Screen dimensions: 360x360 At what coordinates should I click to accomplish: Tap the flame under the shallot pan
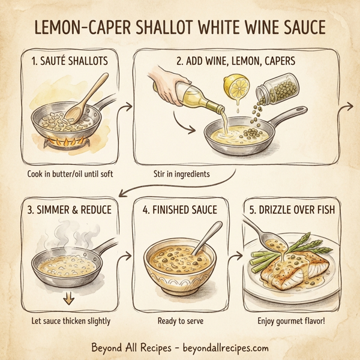coord(63,142)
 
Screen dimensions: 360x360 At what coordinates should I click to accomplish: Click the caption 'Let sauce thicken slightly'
coord(71,321)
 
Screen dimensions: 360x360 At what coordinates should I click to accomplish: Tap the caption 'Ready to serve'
coord(180,321)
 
